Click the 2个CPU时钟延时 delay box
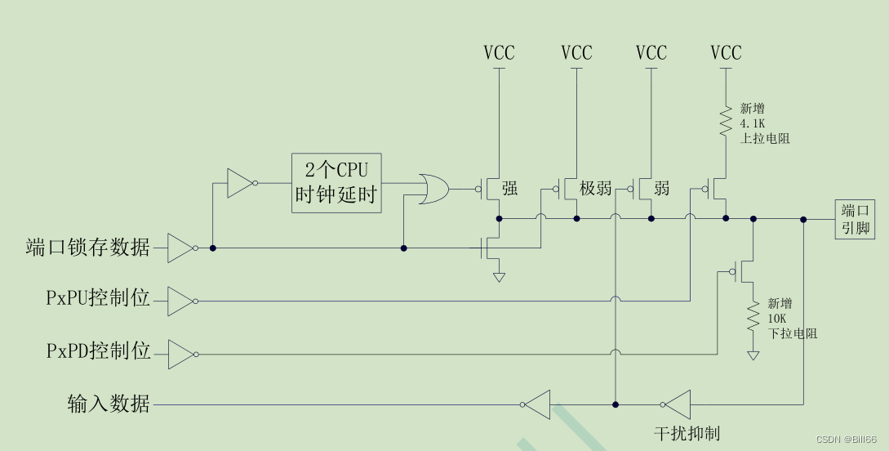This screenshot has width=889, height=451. (x=336, y=182)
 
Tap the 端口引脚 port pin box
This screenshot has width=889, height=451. (x=855, y=218)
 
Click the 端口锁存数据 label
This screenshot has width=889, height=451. (x=88, y=247)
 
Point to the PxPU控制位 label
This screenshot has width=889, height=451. (x=98, y=298)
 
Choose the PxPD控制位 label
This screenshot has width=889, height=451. (x=98, y=352)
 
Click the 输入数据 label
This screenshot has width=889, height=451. (x=109, y=404)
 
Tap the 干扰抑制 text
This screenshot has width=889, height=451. (x=687, y=433)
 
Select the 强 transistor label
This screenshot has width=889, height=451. (x=509, y=189)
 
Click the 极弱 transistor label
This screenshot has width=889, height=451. (x=595, y=189)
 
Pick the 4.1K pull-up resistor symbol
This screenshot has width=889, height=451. (x=724, y=120)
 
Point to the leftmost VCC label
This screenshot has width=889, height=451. (x=499, y=53)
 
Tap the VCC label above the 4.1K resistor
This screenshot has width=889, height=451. (x=726, y=53)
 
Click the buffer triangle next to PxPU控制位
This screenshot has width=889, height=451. (x=180, y=301)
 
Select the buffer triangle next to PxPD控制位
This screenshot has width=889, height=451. (x=180, y=354)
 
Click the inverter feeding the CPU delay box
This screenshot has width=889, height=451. (x=240, y=183)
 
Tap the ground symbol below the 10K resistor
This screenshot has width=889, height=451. (x=753, y=355)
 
